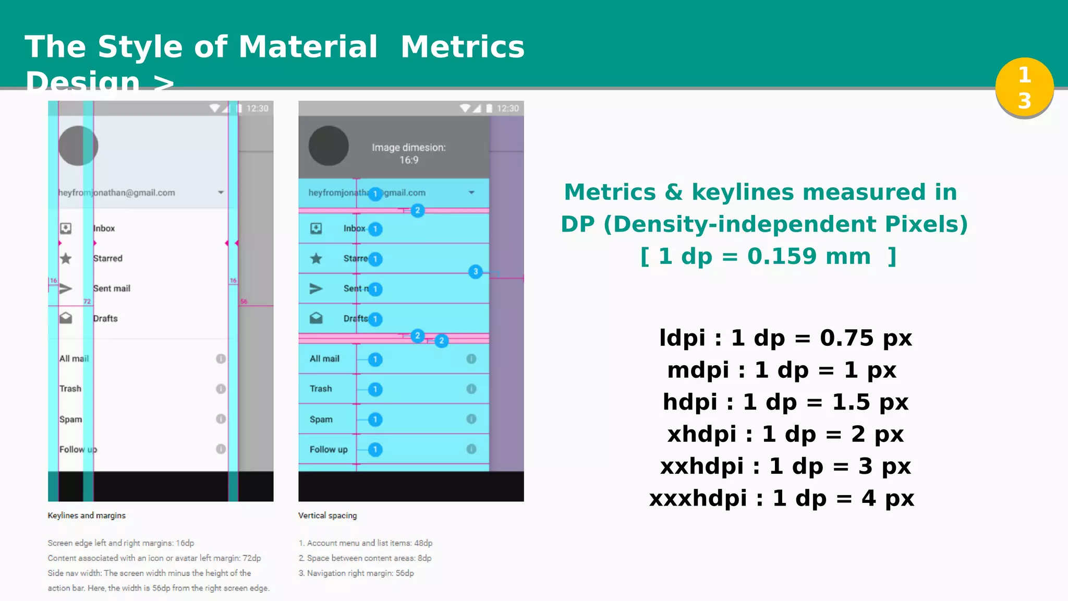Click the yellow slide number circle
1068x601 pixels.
coord(1024,87)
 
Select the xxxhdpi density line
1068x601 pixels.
coord(781,498)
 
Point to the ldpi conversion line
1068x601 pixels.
coord(785,338)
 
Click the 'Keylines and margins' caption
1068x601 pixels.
coord(87,515)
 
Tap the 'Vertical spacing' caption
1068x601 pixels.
coord(327,515)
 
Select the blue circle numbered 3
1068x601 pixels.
coord(475,271)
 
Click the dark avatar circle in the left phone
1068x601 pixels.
coord(78,146)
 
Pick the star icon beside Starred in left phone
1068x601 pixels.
coord(66,258)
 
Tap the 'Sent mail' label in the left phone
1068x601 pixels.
coord(112,289)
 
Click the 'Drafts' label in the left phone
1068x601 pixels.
coord(105,318)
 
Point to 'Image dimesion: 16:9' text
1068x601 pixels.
coord(409,153)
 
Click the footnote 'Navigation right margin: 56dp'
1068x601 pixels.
coord(356,573)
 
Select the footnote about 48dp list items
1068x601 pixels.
coord(366,543)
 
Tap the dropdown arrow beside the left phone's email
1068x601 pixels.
coord(221,193)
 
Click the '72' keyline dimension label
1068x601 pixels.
coord(87,302)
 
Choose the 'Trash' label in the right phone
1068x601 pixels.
coord(321,389)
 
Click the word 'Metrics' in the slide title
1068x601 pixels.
coord(463,47)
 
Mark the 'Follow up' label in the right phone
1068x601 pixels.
coord(329,449)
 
